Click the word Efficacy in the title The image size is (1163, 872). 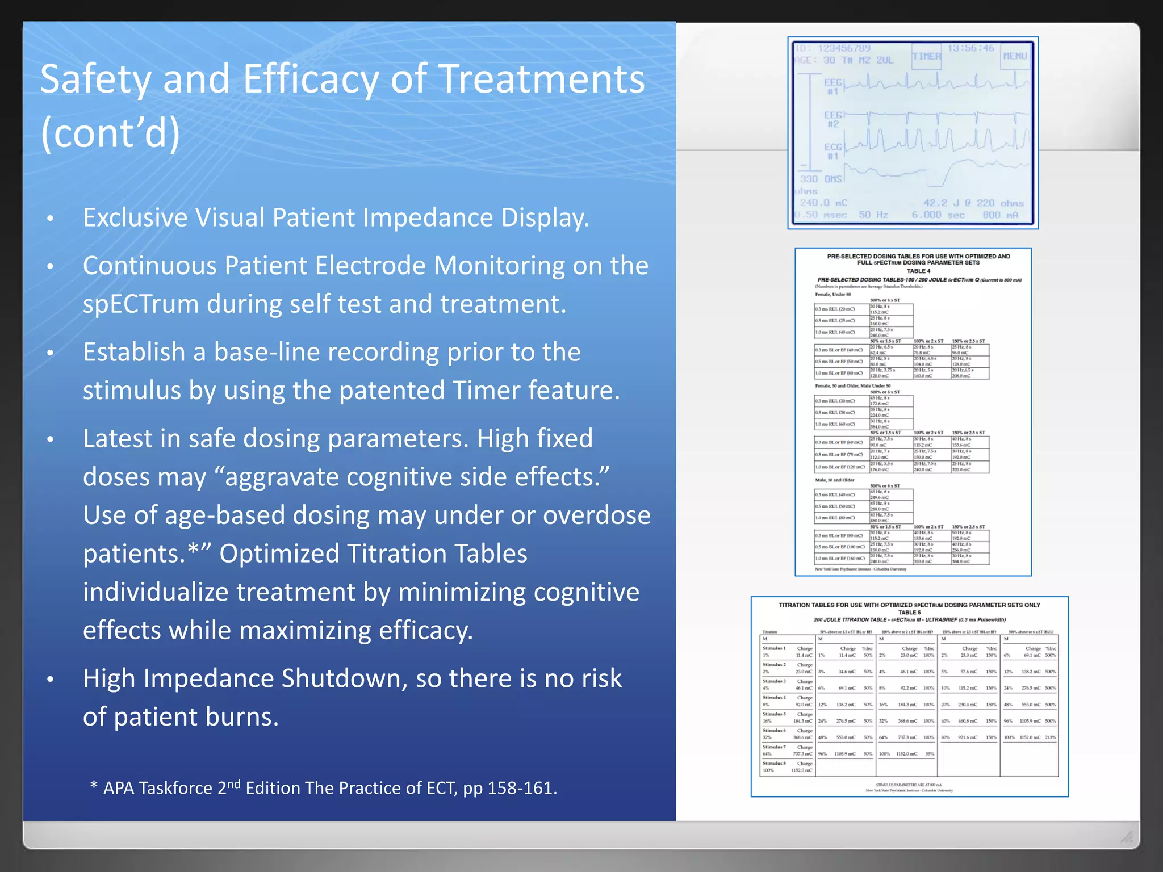click(x=311, y=79)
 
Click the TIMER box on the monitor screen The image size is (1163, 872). click(x=926, y=56)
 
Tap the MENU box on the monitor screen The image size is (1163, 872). click(x=1015, y=56)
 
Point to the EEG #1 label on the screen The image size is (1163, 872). click(x=832, y=86)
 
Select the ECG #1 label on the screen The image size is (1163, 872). click(x=832, y=151)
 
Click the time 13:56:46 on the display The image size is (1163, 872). click(x=970, y=48)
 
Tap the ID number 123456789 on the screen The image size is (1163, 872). click(x=844, y=48)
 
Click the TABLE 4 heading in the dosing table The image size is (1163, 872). click(x=918, y=271)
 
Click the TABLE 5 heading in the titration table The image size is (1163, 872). click(x=909, y=613)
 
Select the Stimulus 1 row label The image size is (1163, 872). click(x=774, y=648)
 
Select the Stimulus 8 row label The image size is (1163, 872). click(x=774, y=764)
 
